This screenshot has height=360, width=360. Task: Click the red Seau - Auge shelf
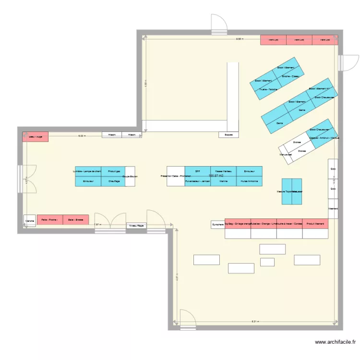click(x=35, y=136)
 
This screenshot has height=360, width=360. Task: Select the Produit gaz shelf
click(x=114, y=171)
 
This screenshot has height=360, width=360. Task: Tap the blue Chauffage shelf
click(x=114, y=181)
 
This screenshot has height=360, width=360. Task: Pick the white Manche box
click(x=30, y=221)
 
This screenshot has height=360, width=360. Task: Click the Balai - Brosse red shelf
click(x=76, y=220)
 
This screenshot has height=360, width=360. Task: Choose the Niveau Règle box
click(x=136, y=225)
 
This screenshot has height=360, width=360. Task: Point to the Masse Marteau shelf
click(x=224, y=171)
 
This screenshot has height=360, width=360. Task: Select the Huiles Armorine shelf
click(x=250, y=181)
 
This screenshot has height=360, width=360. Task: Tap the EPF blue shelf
click(x=198, y=171)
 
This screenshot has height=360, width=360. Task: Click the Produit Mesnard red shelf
click(x=315, y=224)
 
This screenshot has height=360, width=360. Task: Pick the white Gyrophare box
click(x=217, y=224)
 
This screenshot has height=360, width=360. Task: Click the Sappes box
click(x=228, y=135)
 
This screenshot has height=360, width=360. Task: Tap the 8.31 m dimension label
click(x=254, y=322)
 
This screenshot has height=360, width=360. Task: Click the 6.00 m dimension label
click(x=82, y=136)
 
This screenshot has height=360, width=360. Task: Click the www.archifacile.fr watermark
click(x=336, y=342)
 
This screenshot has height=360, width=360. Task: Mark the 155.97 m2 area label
click(x=216, y=176)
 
